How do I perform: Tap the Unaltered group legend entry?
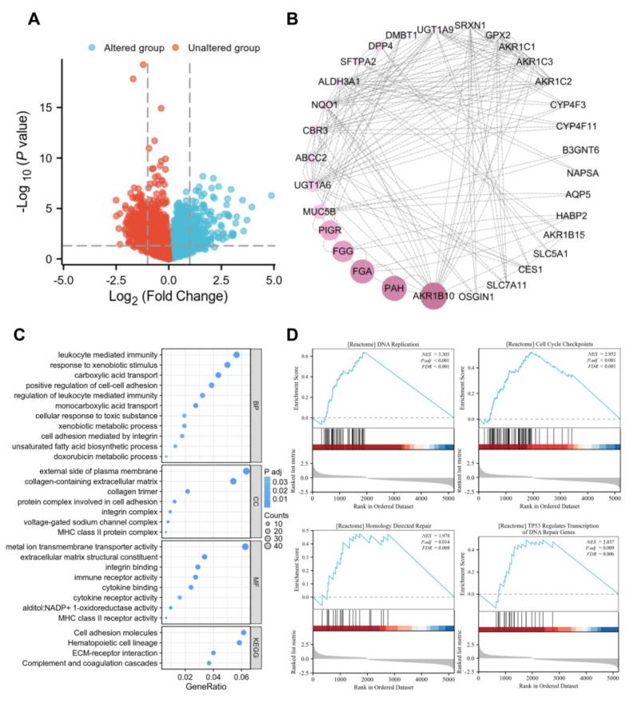coord(223,48)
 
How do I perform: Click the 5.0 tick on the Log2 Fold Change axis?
coord(274,281)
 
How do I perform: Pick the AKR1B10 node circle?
coord(434,297)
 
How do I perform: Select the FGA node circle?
coord(363,271)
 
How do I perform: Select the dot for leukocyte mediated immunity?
coord(236,355)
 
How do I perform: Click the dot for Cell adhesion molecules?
coord(243,632)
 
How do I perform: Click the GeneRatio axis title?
coord(204,686)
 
